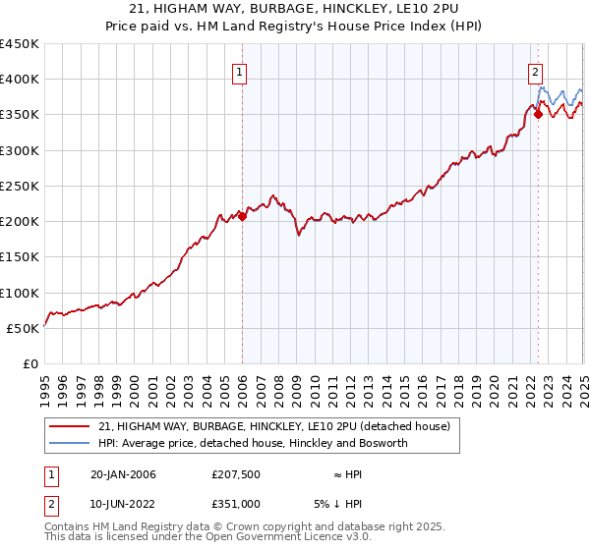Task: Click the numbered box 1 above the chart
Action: [241, 71]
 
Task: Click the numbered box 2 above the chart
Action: [536, 71]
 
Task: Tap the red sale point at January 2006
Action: [242, 217]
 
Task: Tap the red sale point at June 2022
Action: [538, 115]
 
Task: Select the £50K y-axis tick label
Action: [24, 328]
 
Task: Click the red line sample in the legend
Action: [70, 426]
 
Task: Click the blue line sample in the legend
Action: [70, 443]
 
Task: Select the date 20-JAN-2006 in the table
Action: [123, 474]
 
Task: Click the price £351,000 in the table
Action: [236, 503]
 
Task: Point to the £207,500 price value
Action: [236, 474]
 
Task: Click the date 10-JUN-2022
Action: [123, 503]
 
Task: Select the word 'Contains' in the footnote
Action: [70, 527]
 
